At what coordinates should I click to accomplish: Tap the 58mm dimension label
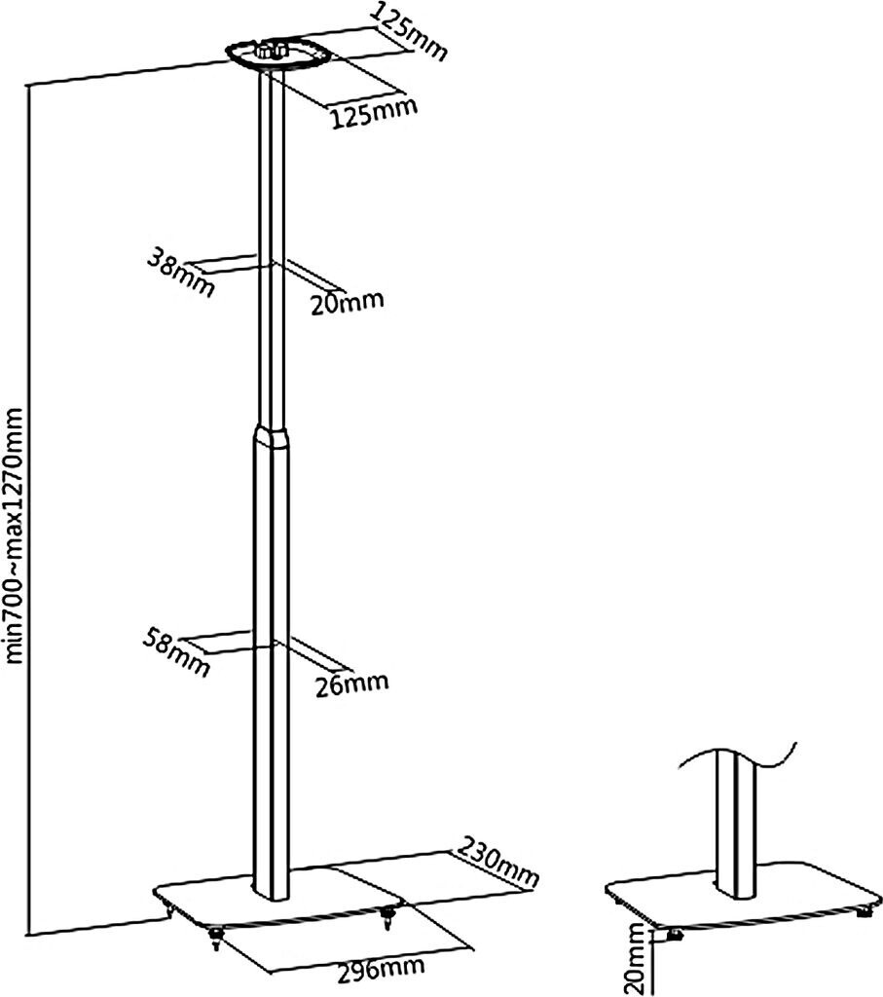click(x=176, y=650)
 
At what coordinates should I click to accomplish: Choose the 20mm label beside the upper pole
click(x=347, y=303)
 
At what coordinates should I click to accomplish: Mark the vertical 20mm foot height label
click(x=637, y=959)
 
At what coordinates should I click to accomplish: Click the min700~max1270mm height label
click(x=16, y=535)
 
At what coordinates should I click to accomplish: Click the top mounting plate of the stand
click(x=276, y=56)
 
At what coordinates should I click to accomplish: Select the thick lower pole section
click(x=272, y=662)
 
